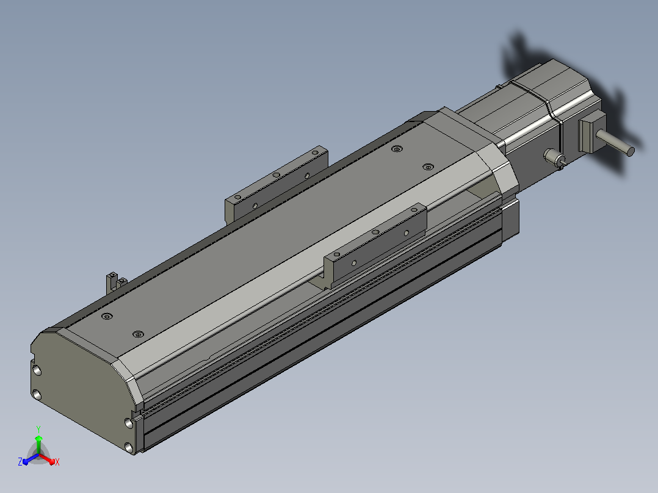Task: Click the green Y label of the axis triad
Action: tap(38, 430)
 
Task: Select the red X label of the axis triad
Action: tap(57, 462)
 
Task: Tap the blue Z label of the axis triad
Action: tap(20, 462)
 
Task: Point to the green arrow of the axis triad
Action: tap(38, 444)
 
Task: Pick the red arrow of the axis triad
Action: tap(47, 458)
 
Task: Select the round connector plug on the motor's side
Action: tap(554, 157)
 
